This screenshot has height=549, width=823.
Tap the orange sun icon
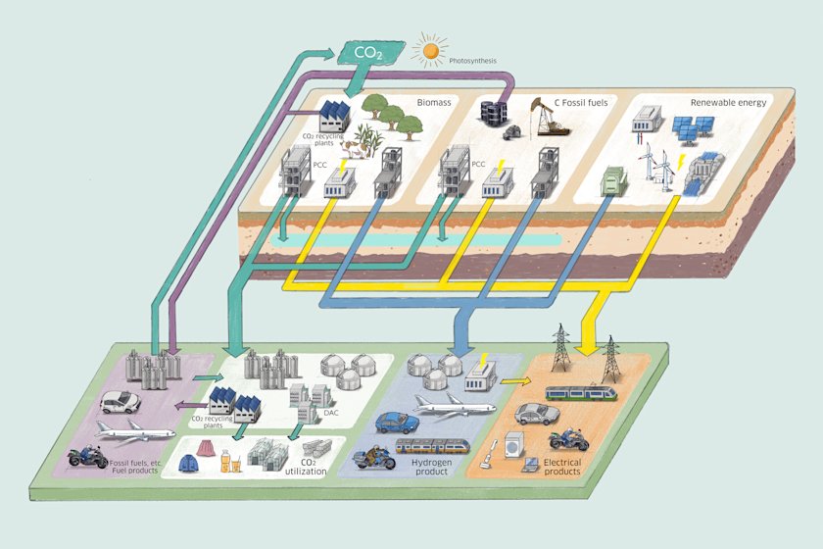coord(430,50)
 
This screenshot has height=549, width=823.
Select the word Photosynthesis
coord(472,61)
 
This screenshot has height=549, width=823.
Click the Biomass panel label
coord(434,102)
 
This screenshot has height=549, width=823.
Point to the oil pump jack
coord(547,118)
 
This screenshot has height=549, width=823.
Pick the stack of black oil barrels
coord(495,112)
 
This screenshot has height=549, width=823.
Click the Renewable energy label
coord(729,103)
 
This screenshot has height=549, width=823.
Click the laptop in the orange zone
coord(531,465)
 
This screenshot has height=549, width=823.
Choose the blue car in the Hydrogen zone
coord(398,422)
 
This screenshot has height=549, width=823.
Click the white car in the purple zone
coord(121,402)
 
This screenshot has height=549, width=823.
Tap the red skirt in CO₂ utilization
coord(205,448)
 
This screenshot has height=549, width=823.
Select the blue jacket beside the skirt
coord(187,464)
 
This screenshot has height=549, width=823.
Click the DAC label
coord(331,413)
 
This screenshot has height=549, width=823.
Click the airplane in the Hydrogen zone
coord(455,405)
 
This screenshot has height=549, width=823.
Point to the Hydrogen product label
coord(431,467)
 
